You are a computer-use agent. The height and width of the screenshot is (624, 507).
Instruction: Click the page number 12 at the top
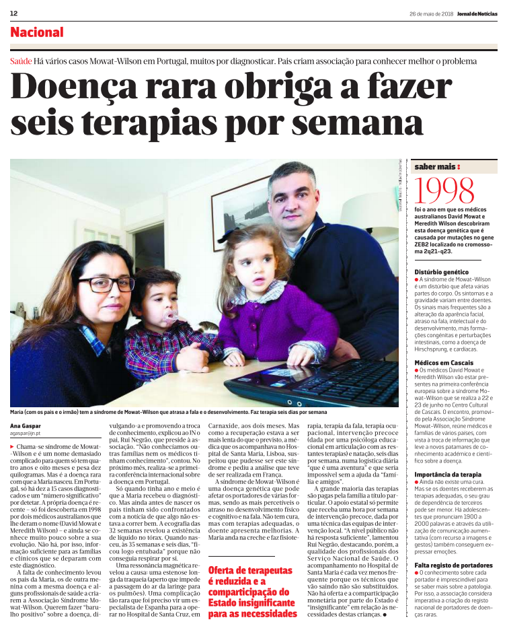pos(13,13)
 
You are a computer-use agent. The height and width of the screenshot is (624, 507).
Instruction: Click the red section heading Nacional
pos(37,32)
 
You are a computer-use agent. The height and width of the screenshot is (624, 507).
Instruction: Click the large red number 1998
pos(451,192)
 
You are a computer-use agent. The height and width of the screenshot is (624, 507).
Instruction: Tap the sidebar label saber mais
pos(437,166)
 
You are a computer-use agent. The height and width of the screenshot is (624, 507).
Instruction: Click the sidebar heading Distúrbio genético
pos(442,271)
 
